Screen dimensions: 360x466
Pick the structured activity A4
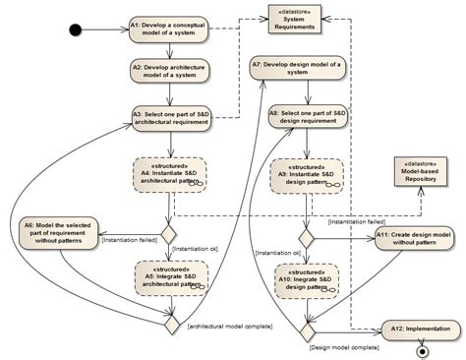[168, 173]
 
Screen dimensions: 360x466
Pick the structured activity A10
[308, 277]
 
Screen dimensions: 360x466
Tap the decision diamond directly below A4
[168, 234]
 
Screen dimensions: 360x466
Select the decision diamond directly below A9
[308, 237]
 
